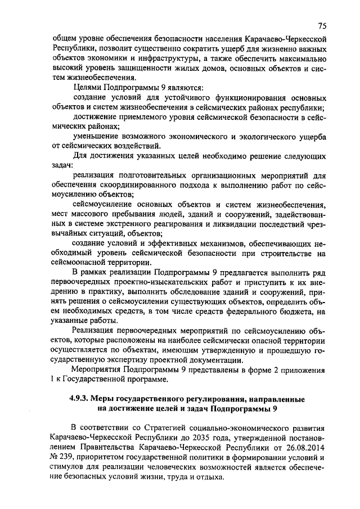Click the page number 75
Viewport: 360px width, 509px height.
322,26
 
